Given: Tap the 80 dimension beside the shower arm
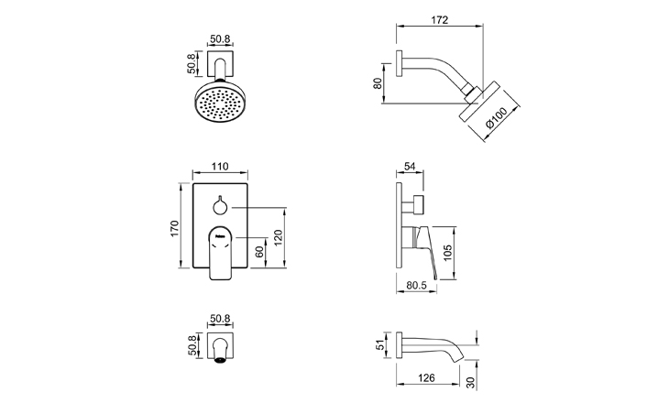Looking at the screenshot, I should pos(378,82).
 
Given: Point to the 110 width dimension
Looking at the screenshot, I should pos(219,169).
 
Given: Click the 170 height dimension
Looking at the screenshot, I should pos(173,228).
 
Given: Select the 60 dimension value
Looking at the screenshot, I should pos(259,251).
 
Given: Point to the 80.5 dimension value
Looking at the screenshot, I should pos(418,286).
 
